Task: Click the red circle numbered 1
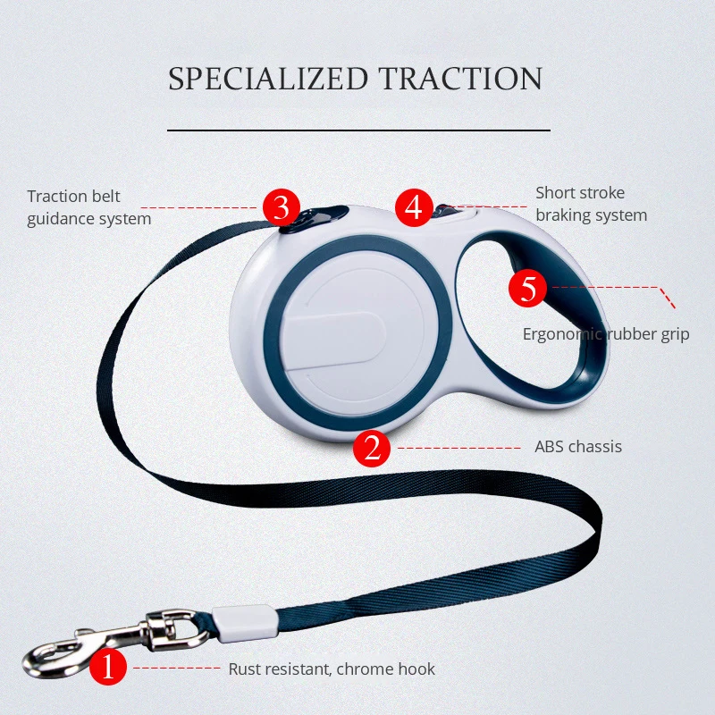click(109, 668)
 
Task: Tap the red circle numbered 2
click(372, 447)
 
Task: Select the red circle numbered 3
click(281, 207)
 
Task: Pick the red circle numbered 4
click(413, 207)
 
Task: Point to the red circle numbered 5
click(527, 288)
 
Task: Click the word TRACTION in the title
click(460, 79)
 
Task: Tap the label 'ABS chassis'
click(577, 447)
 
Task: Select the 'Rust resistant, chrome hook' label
click(332, 669)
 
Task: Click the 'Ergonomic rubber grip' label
click(606, 334)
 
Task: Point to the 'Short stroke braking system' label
click(591, 204)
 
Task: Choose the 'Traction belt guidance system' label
click(88, 207)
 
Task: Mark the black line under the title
click(358, 130)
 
